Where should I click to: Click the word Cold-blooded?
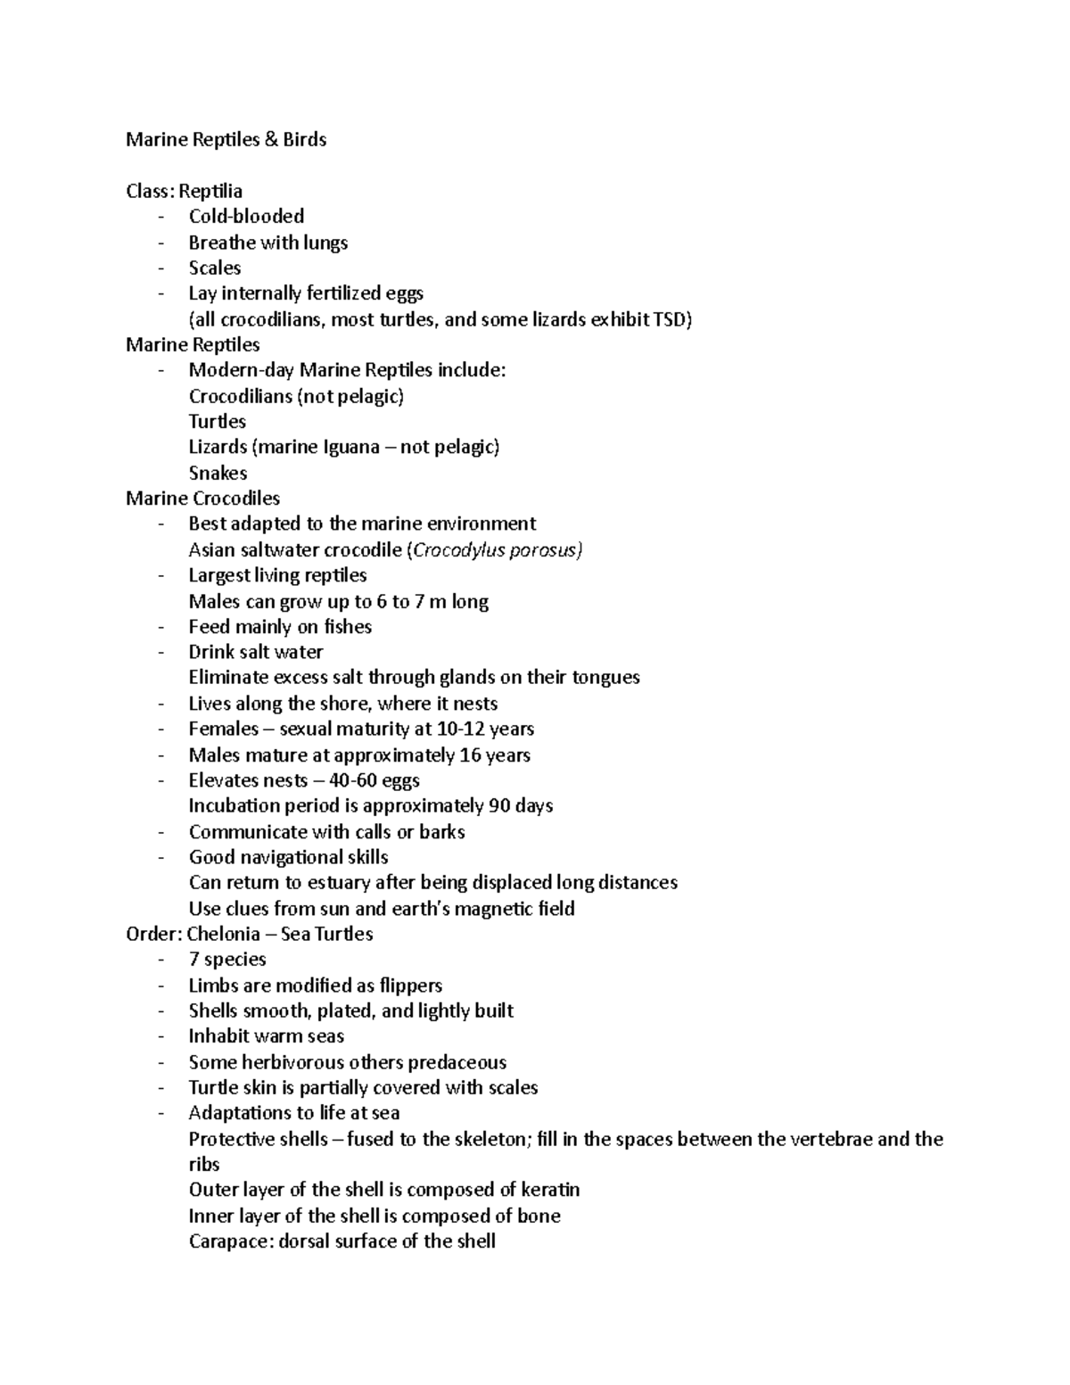[246, 217]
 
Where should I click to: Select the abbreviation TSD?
[671, 319]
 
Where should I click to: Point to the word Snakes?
[218, 474]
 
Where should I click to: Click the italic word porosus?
[543, 550]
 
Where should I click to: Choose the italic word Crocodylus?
[453, 550]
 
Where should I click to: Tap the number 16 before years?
[470, 755]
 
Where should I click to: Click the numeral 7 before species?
[193, 960]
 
